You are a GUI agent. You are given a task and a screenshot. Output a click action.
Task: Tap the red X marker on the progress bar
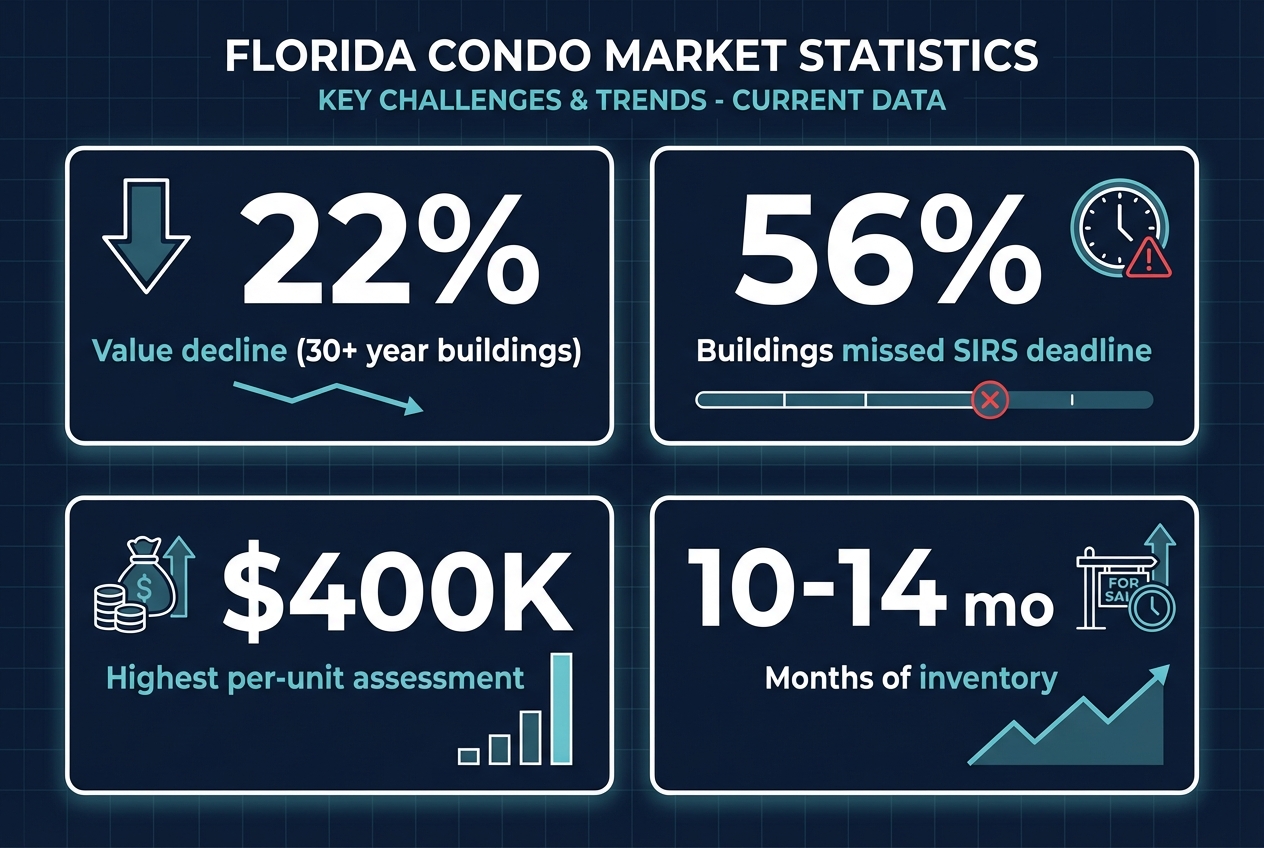[990, 401]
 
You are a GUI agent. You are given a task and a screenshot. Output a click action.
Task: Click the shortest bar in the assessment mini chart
[468, 756]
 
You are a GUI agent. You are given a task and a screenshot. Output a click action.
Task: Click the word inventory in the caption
[987, 678]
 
